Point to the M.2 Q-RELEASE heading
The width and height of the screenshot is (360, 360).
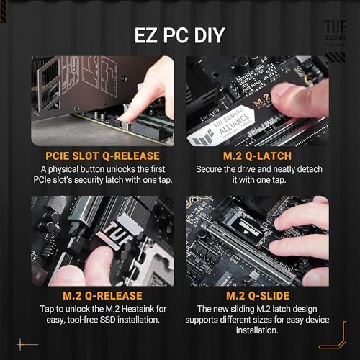click(102, 295)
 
